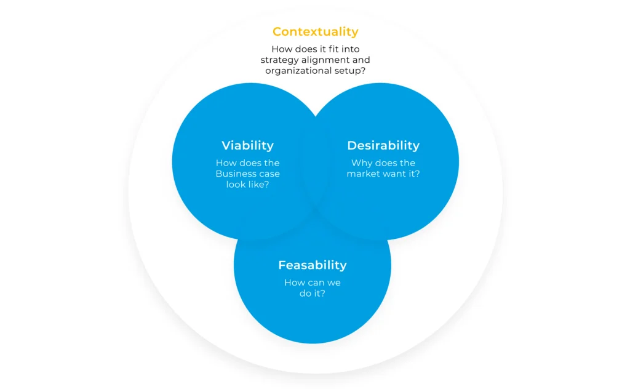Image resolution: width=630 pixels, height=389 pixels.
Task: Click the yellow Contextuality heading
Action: tap(316, 32)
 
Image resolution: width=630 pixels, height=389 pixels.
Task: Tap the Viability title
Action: tap(247, 145)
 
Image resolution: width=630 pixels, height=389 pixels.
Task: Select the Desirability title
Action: tap(383, 145)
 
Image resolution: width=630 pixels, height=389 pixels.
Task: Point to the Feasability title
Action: tap(313, 265)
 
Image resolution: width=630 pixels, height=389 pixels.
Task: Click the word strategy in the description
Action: tap(279, 60)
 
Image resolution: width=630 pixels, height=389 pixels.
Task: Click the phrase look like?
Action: tap(247, 185)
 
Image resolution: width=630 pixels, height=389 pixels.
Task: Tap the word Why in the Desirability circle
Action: tap(361, 163)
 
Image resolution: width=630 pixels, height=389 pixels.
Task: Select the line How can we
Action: tap(313, 283)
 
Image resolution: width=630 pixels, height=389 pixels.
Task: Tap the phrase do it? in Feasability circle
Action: tap(313, 294)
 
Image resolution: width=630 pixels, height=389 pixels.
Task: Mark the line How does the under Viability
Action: tap(247, 163)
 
